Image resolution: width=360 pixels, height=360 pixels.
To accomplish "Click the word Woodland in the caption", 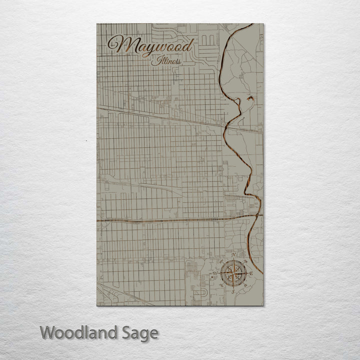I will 80,332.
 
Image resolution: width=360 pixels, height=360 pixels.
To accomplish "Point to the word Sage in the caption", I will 140,333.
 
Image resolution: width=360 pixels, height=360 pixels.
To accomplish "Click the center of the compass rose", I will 233,273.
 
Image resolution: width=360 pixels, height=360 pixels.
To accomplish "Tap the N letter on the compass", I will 233,255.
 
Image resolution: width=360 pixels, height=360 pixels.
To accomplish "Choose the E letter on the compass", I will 251,274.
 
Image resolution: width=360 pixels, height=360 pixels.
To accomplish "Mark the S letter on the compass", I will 233,292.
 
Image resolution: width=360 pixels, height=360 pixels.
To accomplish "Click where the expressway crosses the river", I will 258,216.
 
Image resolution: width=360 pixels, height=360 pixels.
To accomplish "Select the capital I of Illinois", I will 153,61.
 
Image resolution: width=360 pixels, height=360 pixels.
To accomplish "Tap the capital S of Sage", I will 128,332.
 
